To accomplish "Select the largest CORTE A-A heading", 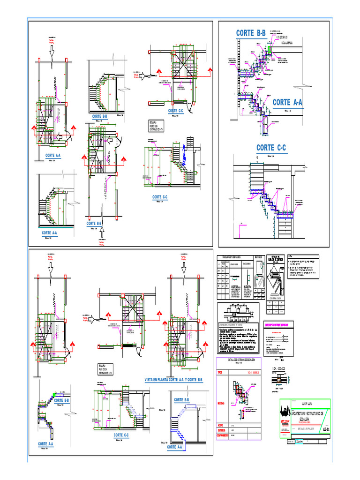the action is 287,102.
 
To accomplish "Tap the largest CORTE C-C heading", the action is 271,148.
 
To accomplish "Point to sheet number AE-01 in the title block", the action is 326,428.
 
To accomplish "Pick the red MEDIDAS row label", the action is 222,403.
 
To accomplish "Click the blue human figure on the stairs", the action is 185,151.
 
